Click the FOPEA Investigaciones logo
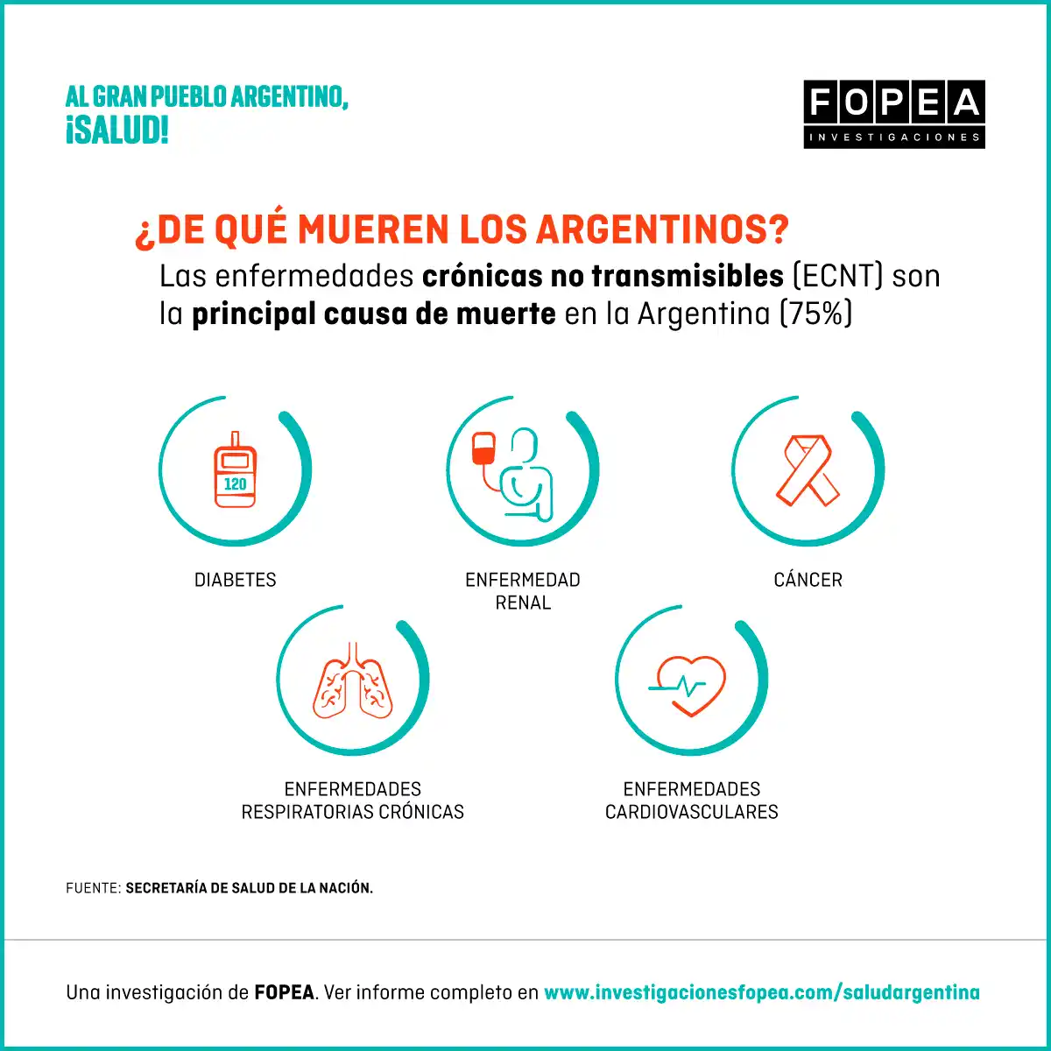(x=894, y=114)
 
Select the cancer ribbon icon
(x=808, y=471)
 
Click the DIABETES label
(x=235, y=580)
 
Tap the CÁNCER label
(x=808, y=580)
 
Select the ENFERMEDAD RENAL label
(x=523, y=591)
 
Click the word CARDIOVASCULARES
(x=692, y=812)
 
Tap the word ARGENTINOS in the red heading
(x=662, y=229)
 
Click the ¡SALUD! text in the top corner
(x=116, y=131)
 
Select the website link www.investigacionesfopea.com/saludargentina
(x=762, y=992)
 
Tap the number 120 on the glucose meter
(x=235, y=483)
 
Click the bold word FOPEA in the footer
(x=284, y=992)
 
